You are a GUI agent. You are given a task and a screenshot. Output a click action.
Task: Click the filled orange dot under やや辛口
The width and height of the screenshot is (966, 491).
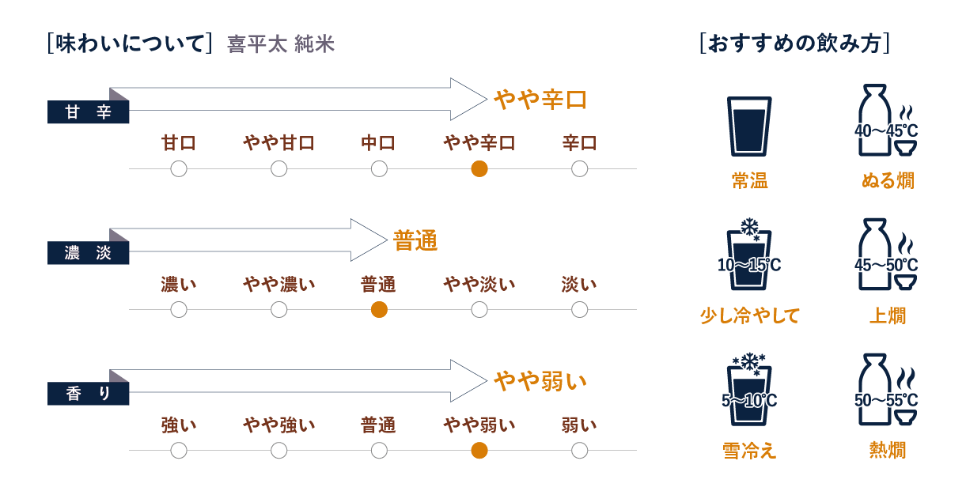point(479,168)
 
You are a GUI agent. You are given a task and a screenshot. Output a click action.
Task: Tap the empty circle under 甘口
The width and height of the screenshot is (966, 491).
point(179,168)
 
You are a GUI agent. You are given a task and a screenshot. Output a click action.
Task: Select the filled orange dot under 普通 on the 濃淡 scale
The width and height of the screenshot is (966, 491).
point(379,310)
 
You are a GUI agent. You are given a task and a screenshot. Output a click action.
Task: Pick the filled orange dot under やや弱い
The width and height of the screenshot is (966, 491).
point(479,451)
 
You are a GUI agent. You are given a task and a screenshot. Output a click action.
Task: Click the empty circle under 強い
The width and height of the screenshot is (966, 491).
point(179,451)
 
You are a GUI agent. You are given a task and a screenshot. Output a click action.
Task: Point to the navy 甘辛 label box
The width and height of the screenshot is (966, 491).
point(89,112)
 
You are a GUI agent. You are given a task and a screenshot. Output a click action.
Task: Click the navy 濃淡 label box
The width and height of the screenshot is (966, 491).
point(89,253)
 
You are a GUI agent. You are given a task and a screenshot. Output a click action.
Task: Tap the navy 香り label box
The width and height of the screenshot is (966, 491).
point(89,394)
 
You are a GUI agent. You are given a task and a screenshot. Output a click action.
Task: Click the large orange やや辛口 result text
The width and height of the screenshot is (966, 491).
point(540,100)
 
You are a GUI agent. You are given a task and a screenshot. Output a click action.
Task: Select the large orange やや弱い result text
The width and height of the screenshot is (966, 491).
point(540,382)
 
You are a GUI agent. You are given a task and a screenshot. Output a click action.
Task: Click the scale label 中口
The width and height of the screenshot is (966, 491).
point(379,143)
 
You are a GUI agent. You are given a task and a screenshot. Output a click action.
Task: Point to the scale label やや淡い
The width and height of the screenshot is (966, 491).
point(479,284)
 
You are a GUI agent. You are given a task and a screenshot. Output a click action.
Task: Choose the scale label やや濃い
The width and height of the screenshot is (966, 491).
point(278,284)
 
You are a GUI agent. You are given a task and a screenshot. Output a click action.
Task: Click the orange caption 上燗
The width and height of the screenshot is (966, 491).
point(888,316)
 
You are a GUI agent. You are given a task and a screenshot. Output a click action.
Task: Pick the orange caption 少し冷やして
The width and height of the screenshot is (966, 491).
point(749,316)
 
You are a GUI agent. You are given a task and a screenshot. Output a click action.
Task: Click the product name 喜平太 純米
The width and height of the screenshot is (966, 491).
point(281,44)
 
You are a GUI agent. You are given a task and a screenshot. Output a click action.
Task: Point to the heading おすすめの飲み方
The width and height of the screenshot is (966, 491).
point(795,43)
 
